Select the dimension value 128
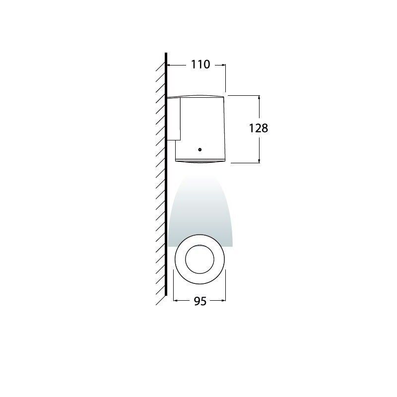[258, 128]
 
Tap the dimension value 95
[199, 301]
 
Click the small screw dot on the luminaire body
[199, 148]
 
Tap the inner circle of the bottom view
[199, 258]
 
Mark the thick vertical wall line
[166, 198]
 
